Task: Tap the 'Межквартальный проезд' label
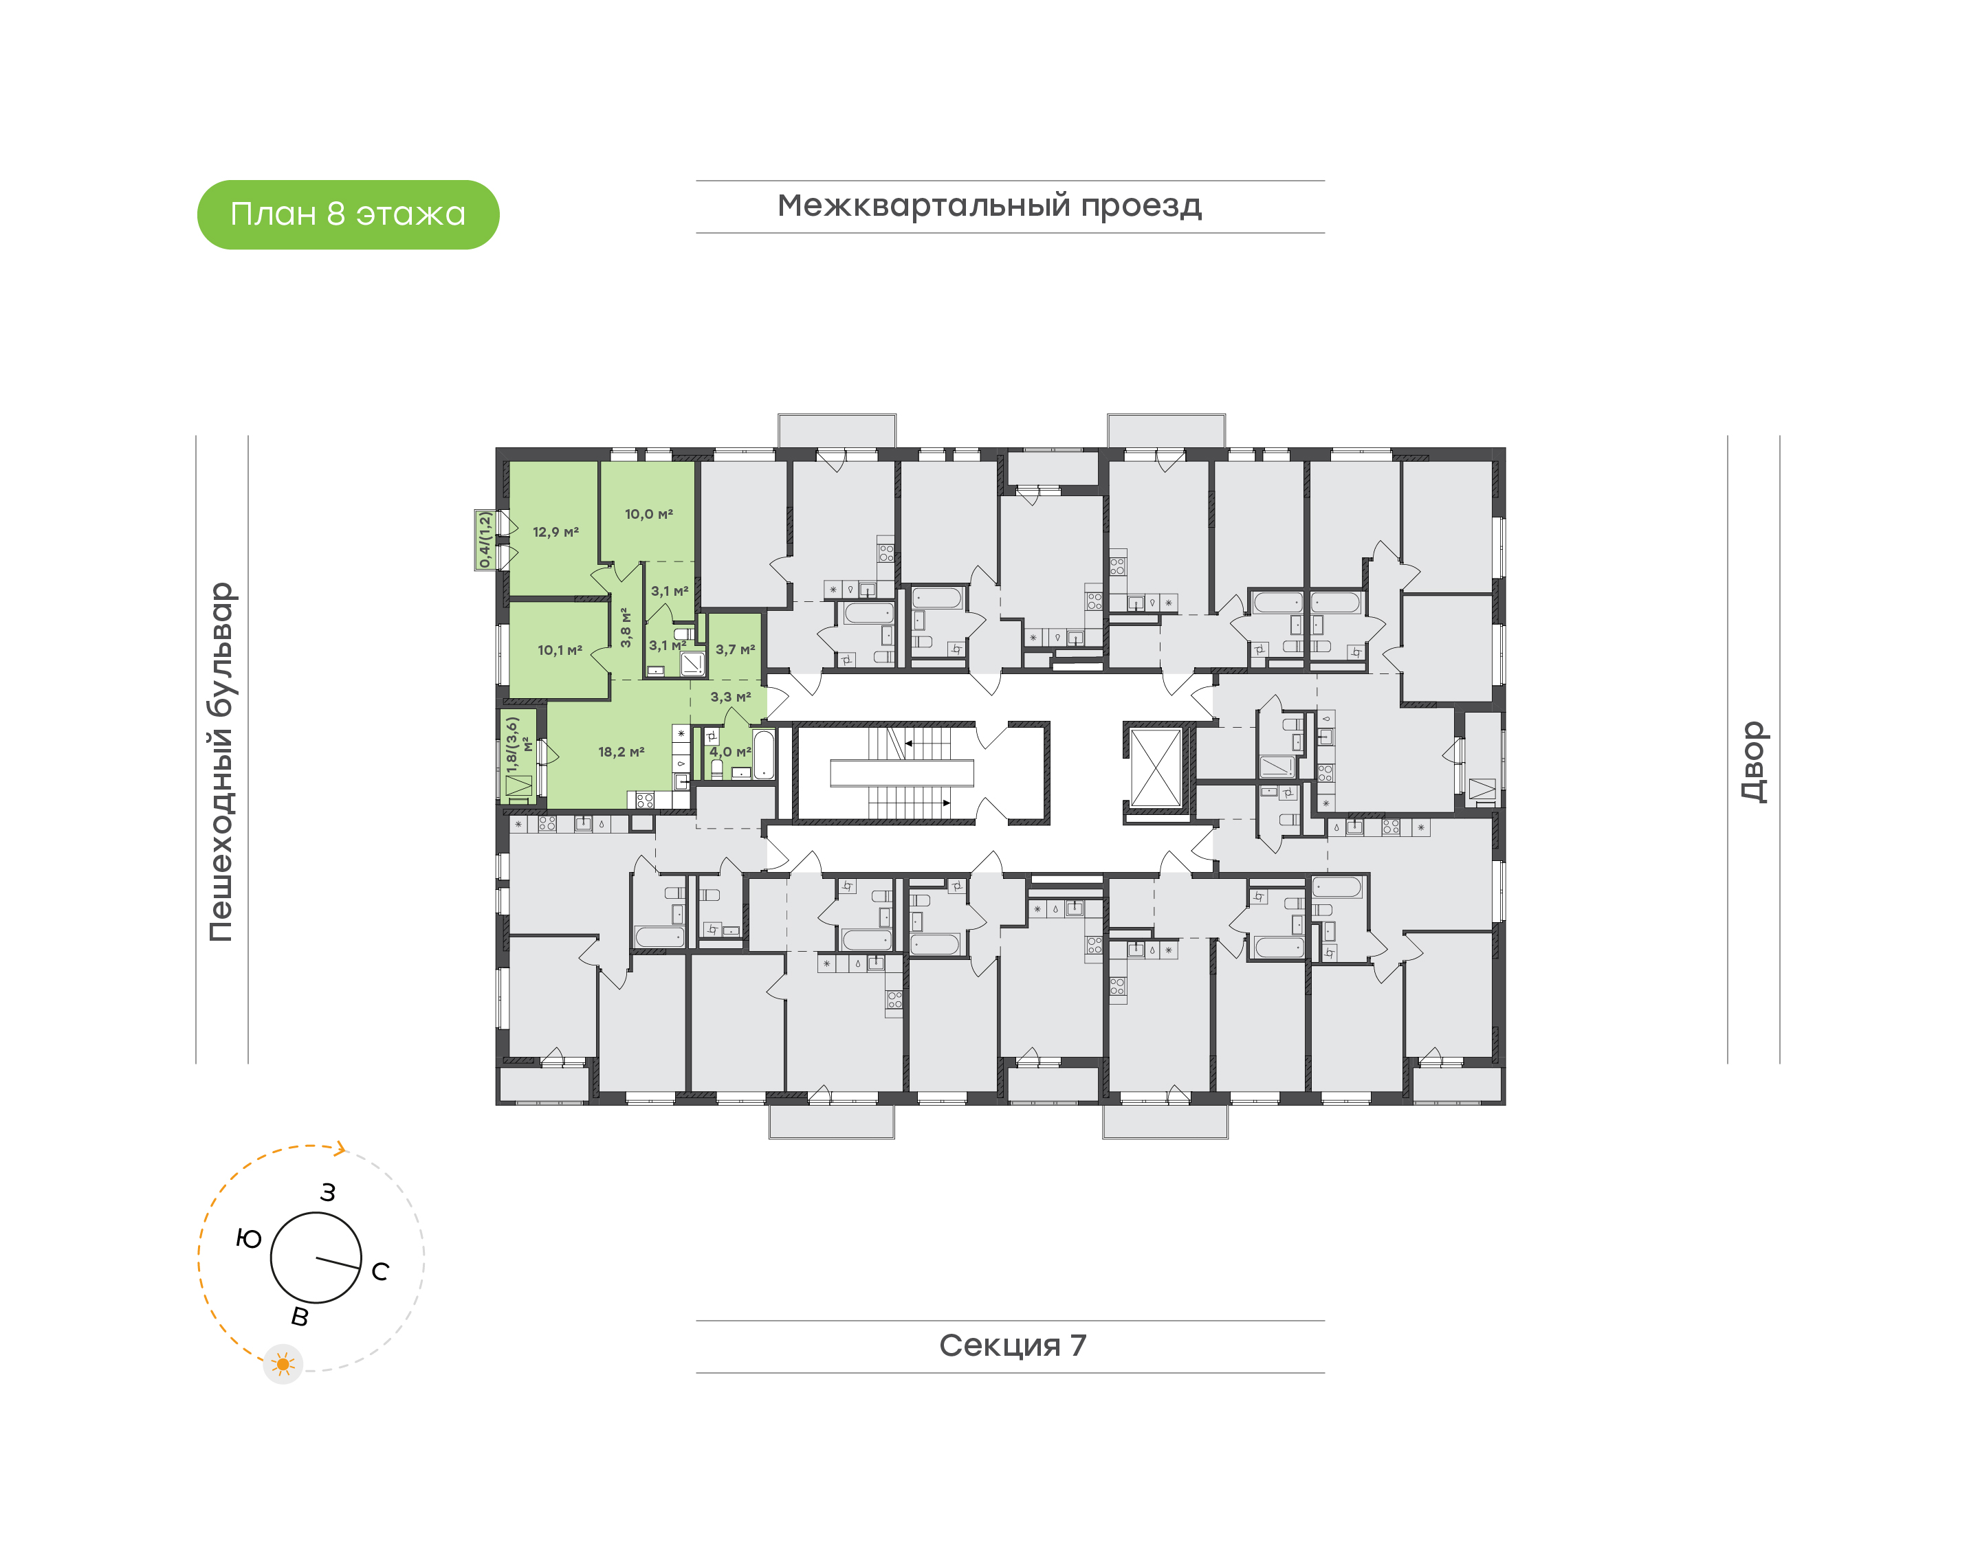tap(989, 205)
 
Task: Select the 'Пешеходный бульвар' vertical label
tap(221, 762)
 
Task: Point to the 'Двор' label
tap(1754, 762)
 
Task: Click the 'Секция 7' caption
tap(1012, 1345)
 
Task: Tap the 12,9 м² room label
tap(555, 532)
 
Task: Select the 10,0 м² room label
tap(648, 515)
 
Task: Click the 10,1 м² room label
tap(560, 650)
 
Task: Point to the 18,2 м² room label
tap(621, 752)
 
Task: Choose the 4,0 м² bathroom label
tap(730, 752)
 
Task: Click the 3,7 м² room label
tap(735, 649)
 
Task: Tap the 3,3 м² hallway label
tap(730, 697)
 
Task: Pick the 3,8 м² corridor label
tap(625, 627)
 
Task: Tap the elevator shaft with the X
tap(1155, 766)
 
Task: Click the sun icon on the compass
tap(283, 1364)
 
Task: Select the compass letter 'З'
tap(327, 1193)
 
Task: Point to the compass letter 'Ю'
tap(248, 1238)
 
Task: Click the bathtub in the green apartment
tap(763, 754)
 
